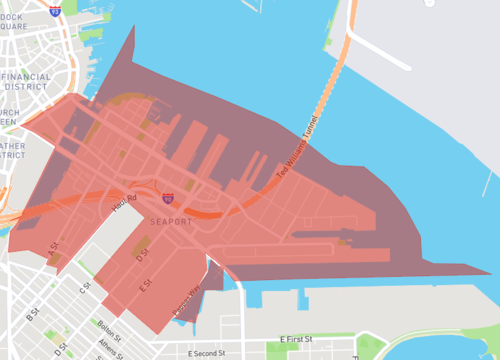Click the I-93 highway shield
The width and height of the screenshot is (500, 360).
(x=54, y=11)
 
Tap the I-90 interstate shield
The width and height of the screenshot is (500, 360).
(x=167, y=200)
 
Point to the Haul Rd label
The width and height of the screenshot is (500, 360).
(x=124, y=201)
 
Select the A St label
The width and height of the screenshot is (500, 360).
(x=54, y=254)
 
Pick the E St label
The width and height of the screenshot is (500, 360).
(x=145, y=285)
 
